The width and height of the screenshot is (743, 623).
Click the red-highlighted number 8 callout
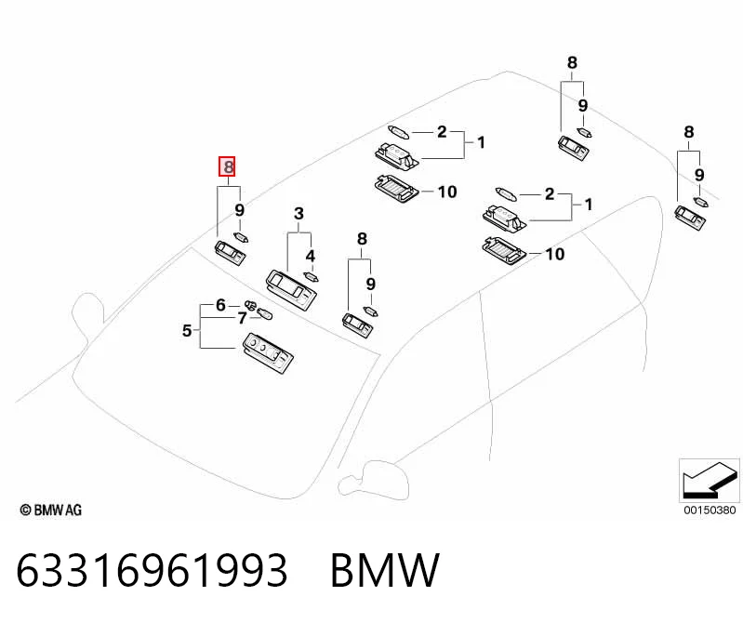click(x=227, y=166)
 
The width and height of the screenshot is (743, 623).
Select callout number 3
click(x=299, y=213)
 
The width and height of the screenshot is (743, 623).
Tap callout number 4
click(x=310, y=256)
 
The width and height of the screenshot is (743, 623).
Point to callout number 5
click(x=187, y=330)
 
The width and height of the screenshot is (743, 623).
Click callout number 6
click(x=220, y=305)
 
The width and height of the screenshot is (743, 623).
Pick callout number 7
click(x=242, y=318)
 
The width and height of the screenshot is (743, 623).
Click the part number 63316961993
click(x=152, y=570)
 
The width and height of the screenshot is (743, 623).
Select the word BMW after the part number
click(x=385, y=570)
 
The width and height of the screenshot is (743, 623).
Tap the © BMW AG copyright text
click(x=51, y=510)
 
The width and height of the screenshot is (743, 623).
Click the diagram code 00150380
click(x=710, y=510)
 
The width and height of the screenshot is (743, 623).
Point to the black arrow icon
click(x=710, y=481)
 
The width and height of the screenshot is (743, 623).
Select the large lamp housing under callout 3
click(x=291, y=289)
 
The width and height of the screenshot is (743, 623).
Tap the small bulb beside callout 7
click(x=264, y=313)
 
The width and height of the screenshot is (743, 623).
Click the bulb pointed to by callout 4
click(x=311, y=276)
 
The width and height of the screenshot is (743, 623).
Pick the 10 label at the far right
click(x=555, y=254)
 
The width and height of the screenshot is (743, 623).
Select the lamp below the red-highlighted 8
click(x=231, y=253)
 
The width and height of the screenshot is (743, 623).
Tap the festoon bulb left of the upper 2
click(x=398, y=132)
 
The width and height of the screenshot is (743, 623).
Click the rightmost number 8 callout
click(x=689, y=132)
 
